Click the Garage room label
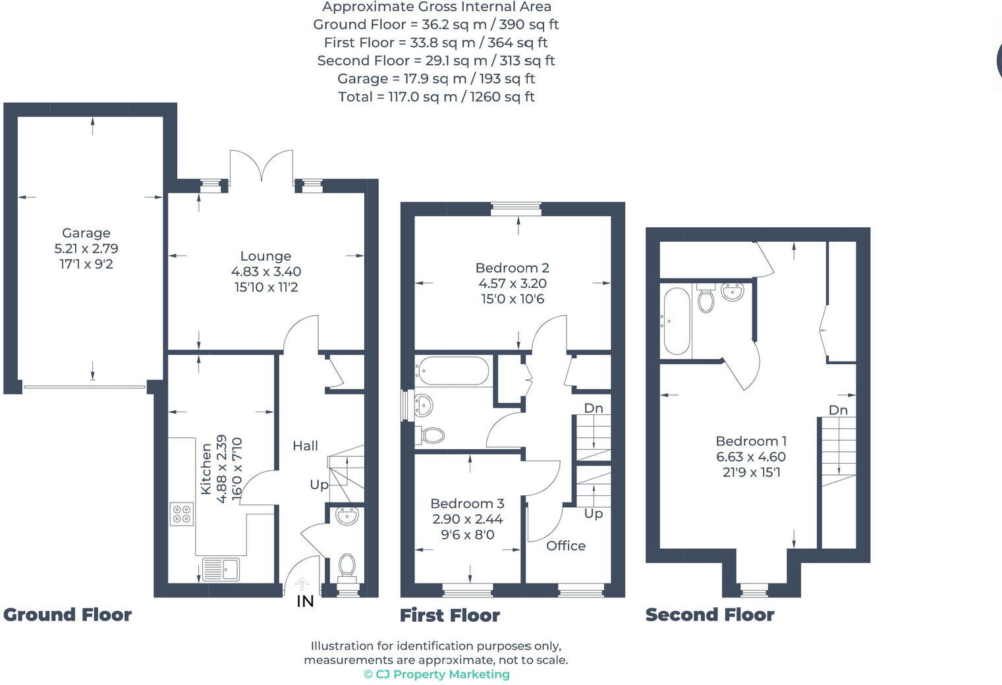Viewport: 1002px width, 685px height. tap(86, 233)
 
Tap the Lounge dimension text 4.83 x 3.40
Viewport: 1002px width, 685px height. tap(266, 271)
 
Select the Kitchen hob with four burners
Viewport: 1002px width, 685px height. tap(182, 514)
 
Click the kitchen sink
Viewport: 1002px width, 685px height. tap(221, 569)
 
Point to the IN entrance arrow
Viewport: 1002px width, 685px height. tap(302, 584)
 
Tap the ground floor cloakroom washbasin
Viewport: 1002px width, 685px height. tap(347, 516)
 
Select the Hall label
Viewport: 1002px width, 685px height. tap(305, 446)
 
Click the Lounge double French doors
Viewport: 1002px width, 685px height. tap(261, 165)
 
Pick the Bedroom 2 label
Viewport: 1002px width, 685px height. tap(512, 268)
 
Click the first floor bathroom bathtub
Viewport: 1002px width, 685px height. tap(453, 371)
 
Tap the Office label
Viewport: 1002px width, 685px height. tap(566, 546)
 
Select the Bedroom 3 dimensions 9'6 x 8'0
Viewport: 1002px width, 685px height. tap(468, 535)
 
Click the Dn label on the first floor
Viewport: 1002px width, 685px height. tap(594, 408)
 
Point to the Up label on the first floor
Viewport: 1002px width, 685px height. tap(594, 514)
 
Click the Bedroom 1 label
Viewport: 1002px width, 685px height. tap(751, 441)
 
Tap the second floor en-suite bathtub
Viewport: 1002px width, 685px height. tap(677, 321)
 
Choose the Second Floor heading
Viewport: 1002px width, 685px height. tap(710, 615)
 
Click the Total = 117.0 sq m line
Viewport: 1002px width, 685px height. tap(436, 97)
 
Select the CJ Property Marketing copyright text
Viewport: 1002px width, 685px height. tap(437, 674)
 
